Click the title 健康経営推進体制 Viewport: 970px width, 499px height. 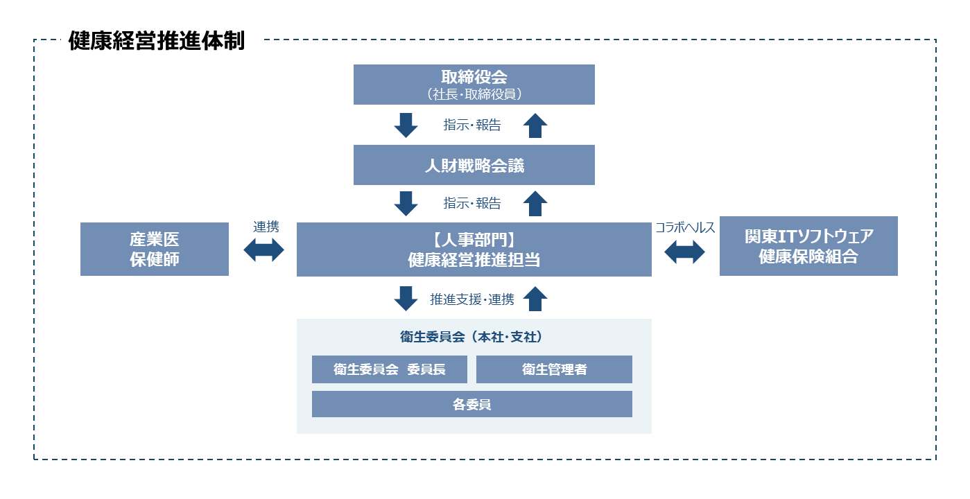(x=156, y=42)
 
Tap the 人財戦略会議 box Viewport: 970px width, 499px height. (x=474, y=165)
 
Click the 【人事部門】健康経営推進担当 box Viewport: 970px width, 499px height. (x=474, y=249)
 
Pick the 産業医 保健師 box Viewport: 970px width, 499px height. (x=155, y=249)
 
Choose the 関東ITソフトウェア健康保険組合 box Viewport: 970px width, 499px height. (x=808, y=246)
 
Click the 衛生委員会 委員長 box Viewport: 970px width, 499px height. (x=390, y=369)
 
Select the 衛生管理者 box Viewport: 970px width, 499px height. (x=554, y=369)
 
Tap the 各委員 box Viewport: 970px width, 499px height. (x=472, y=404)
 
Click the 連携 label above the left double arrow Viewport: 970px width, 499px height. (x=266, y=227)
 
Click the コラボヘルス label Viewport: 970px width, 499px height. (x=685, y=227)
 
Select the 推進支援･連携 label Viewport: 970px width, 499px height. (x=472, y=299)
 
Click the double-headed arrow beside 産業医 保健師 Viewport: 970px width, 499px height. (x=264, y=249)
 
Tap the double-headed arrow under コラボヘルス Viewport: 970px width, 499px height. (x=684, y=252)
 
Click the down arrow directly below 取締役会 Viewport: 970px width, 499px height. (x=406, y=125)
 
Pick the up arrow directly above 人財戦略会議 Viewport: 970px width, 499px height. (x=535, y=125)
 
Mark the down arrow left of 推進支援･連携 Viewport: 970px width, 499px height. (x=406, y=299)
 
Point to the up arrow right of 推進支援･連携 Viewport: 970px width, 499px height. (x=535, y=299)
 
